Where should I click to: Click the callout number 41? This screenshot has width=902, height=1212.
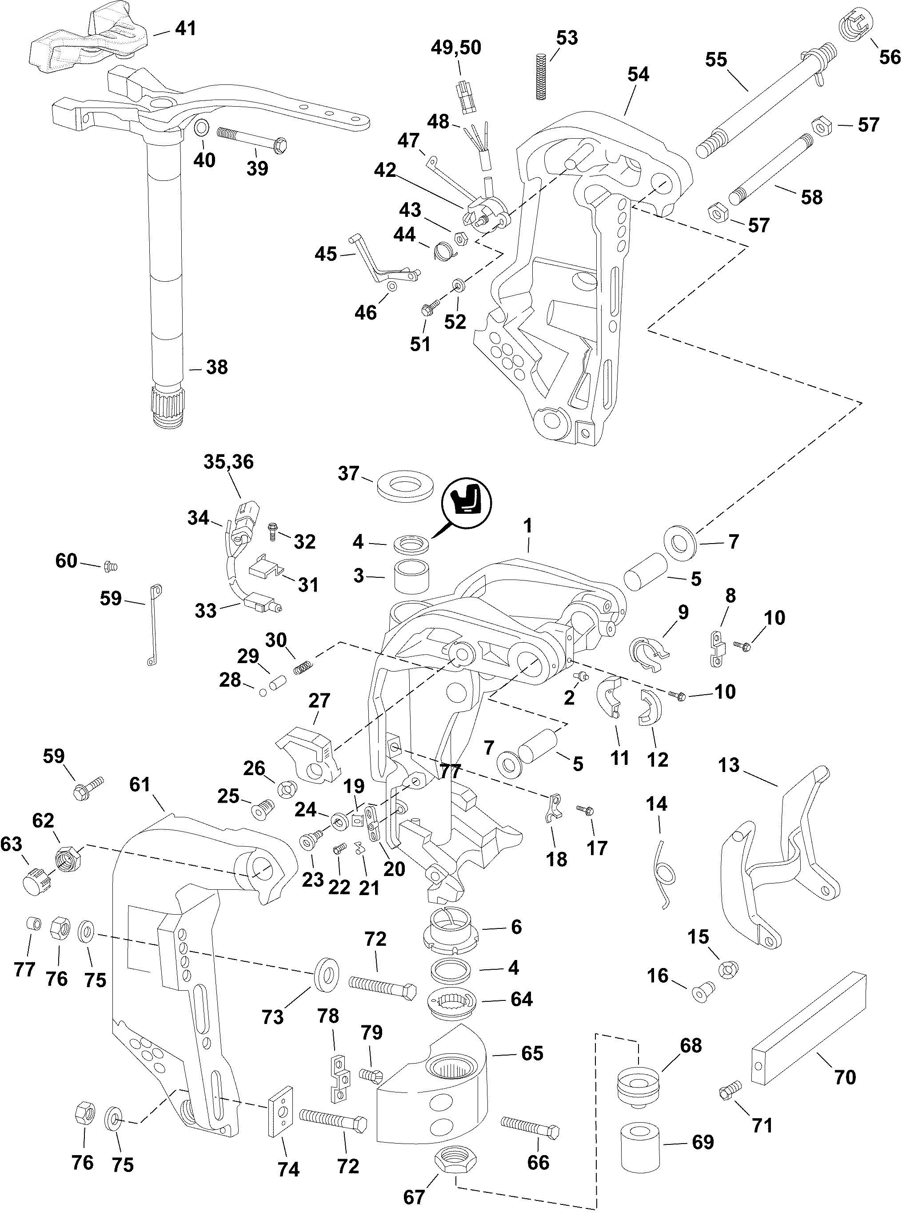tap(185, 28)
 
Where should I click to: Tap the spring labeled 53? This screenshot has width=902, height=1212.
tap(541, 76)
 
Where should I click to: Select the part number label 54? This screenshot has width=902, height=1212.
tap(638, 74)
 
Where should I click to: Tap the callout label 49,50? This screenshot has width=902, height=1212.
tap(456, 48)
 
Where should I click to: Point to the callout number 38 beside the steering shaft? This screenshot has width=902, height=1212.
tap(217, 367)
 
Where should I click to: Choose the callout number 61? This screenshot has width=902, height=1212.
tap(140, 784)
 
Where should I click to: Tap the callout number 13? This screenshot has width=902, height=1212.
tap(728, 765)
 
